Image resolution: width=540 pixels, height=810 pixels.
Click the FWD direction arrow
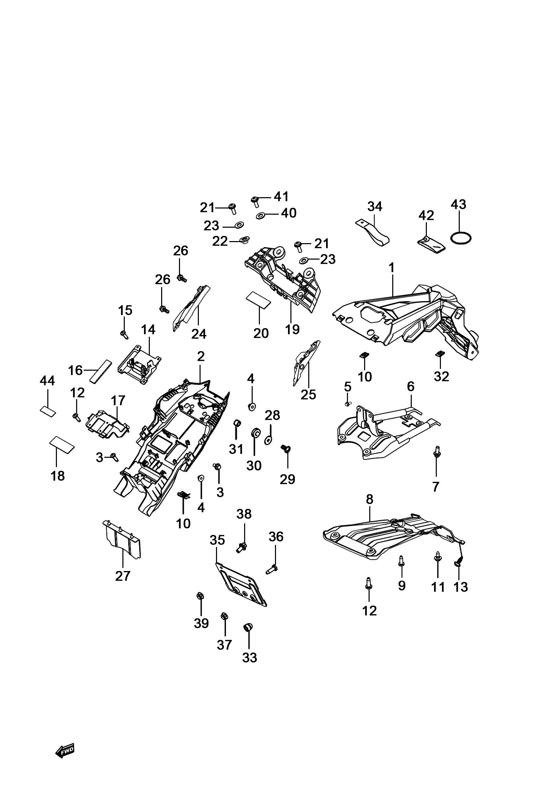(x=65, y=750)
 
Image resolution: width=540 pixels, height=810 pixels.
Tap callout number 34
(x=375, y=206)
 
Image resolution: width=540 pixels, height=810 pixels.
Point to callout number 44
(x=47, y=381)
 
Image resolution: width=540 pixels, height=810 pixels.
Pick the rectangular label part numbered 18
(x=62, y=444)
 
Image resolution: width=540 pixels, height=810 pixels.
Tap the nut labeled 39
(x=199, y=595)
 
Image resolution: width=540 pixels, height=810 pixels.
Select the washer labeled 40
(x=260, y=216)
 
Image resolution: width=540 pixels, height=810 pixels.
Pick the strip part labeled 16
(x=101, y=371)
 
